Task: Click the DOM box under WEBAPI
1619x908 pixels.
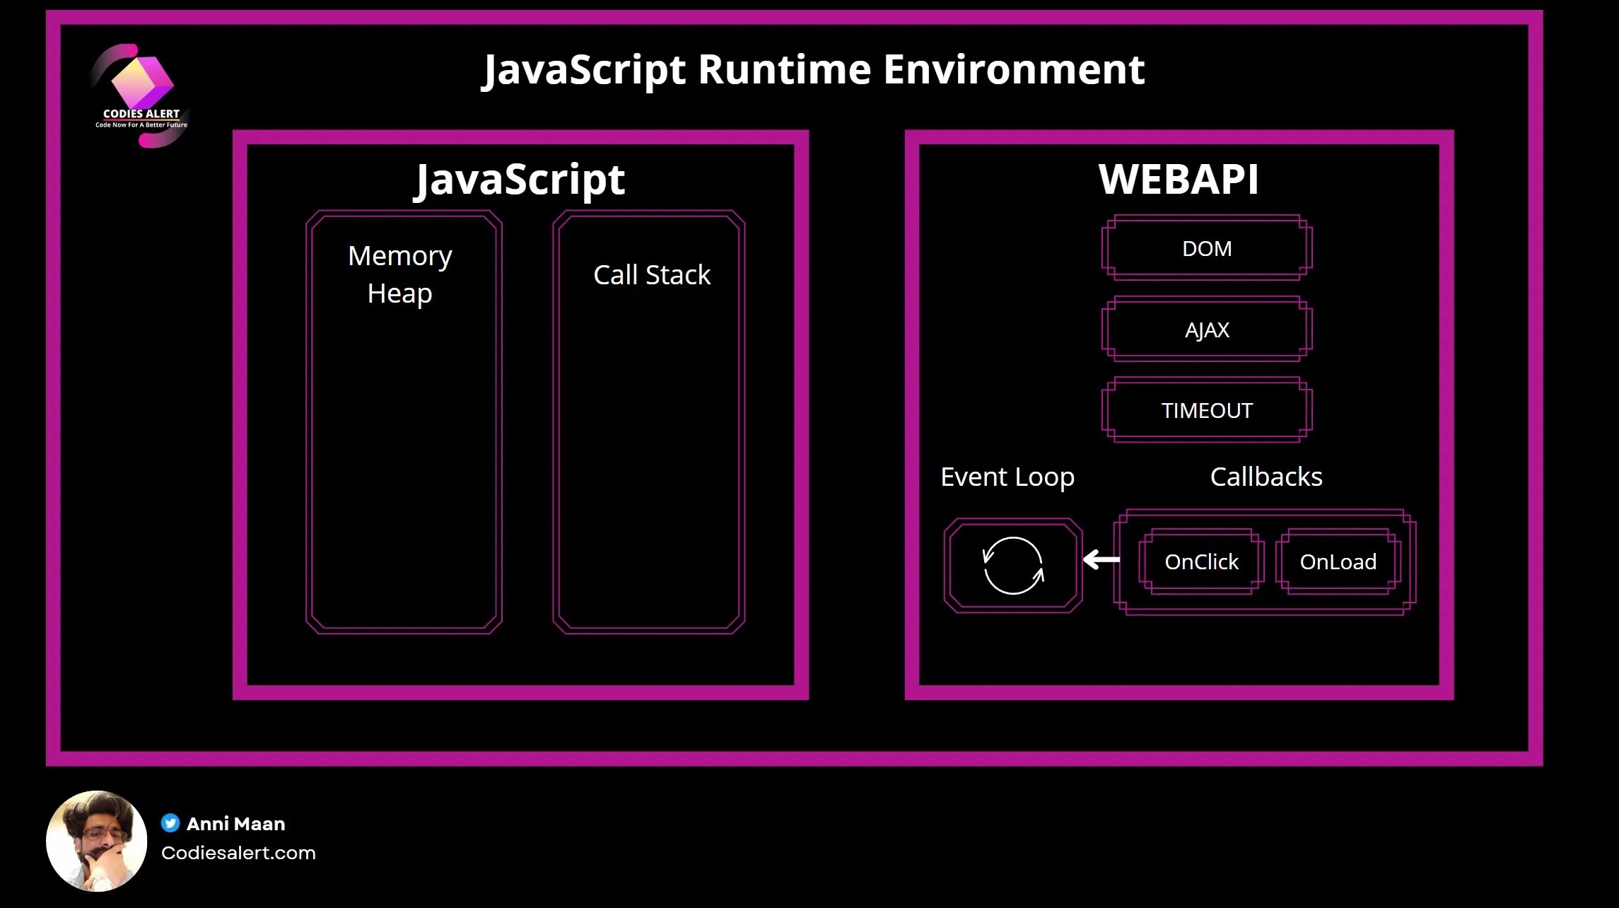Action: pos(1207,248)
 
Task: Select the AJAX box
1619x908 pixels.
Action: pos(1207,330)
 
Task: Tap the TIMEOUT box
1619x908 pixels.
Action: pos(1207,410)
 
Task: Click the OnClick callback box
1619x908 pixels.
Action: pos(1201,561)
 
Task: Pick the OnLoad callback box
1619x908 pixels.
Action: pos(1338,561)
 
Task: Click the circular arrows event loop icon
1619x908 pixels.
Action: pos(1013,566)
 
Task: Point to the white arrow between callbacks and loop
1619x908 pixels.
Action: pos(1101,560)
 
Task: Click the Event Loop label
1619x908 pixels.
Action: pos(1007,477)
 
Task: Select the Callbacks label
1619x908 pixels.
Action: pos(1266,477)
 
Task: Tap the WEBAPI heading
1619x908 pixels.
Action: pos(1179,179)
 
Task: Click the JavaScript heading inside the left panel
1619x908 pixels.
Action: pos(520,180)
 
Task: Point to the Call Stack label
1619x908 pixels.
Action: pos(652,275)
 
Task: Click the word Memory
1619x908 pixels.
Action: pos(400,256)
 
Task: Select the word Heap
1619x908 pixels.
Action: pos(399,293)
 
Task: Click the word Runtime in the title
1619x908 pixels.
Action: pos(785,69)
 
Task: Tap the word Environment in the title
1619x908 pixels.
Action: pos(1014,69)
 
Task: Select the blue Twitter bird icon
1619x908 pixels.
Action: pos(170,823)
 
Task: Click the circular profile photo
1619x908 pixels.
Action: pos(97,841)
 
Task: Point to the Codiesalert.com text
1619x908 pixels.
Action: pos(238,853)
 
